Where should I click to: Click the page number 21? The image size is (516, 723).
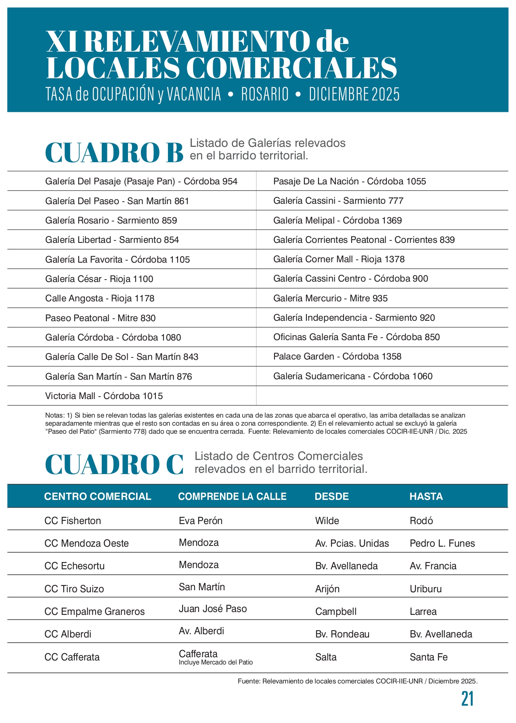coord(467,699)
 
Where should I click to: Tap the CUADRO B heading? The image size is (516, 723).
coord(114,153)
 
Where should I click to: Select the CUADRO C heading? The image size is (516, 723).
coord(114,465)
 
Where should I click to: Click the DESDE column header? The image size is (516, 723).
coord(331,496)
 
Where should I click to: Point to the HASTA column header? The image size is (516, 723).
coord(426,496)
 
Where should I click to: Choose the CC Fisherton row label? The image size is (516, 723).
coord(73,521)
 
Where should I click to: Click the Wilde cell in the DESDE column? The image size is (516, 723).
coord(327,521)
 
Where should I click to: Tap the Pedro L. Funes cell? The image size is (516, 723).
coord(442,543)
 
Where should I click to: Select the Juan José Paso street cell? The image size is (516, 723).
coord(213,609)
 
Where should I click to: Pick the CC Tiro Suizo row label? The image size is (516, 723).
coord(74,589)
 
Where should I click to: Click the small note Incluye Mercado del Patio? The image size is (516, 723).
coord(216,662)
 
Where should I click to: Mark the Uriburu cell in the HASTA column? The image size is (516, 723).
coord(426,589)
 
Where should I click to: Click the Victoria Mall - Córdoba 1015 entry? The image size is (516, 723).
coord(104,396)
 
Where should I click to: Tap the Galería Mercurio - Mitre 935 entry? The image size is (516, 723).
coord(330,299)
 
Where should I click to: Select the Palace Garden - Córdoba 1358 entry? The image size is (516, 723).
coord(337,357)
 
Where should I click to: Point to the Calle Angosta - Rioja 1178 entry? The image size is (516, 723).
coord(100,299)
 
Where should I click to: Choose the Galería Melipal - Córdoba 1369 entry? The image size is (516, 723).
coord(338,221)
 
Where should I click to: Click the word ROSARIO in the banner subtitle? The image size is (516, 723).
coord(265,94)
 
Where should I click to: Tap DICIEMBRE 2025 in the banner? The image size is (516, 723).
coord(354,94)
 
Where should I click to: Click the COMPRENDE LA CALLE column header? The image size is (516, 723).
coord(232,496)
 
